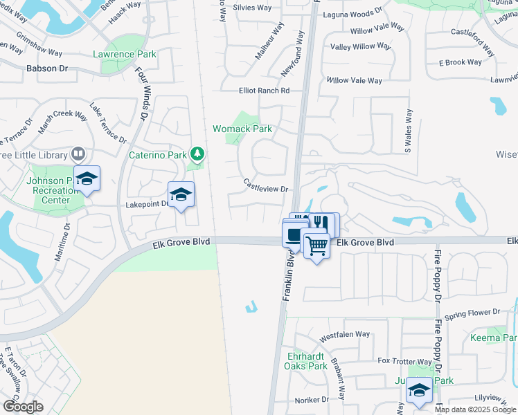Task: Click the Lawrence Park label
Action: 125,54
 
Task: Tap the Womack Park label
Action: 242,129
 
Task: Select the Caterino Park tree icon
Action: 197,153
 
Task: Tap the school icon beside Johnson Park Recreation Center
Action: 87,178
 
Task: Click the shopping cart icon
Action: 316,245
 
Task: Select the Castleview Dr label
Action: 265,185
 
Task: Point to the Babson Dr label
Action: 47,68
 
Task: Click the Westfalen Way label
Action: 345,335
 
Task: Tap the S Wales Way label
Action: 408,131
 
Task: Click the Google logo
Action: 22,406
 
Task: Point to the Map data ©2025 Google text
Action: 475,409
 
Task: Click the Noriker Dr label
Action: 311,400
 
